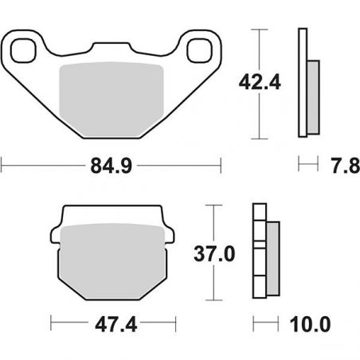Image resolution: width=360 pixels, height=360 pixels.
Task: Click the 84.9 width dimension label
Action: tap(112, 166)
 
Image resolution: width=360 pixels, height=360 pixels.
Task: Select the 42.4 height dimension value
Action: tap(260, 82)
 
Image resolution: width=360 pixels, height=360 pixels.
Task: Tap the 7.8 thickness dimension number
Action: tap(346, 166)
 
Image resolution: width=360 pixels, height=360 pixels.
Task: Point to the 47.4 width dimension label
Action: tap(116, 324)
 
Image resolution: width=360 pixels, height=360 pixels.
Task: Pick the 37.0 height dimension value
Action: tap(214, 254)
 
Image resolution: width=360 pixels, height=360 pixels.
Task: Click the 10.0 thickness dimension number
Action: tap(310, 324)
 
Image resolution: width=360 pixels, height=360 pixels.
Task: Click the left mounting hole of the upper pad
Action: tap(23, 51)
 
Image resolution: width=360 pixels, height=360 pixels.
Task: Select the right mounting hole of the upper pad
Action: tap(200, 51)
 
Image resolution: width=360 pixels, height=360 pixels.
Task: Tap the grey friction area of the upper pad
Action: tap(111, 100)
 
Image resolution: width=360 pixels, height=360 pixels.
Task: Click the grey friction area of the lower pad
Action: tap(112, 261)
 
